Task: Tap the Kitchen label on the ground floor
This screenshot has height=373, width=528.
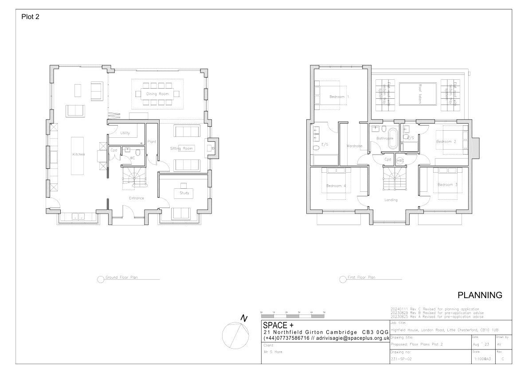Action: click(78, 155)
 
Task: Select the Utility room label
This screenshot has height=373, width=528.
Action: click(125, 133)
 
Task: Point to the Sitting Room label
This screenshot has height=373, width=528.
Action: click(182, 148)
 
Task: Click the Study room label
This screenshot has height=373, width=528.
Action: click(184, 193)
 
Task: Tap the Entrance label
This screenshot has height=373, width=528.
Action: click(136, 198)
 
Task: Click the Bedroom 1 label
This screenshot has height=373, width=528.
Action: click(339, 97)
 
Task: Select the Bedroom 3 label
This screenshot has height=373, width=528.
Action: click(447, 185)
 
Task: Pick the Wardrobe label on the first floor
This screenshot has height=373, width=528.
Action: click(355, 145)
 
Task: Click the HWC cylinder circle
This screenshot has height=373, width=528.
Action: click(400, 160)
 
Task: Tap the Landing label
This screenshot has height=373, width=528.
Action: click(391, 200)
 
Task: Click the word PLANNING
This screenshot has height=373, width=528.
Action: click(480, 295)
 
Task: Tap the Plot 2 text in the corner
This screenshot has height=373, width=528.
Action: click(31, 17)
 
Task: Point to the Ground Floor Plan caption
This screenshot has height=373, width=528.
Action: click(121, 278)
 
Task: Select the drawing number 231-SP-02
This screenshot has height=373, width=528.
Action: click(401, 359)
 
